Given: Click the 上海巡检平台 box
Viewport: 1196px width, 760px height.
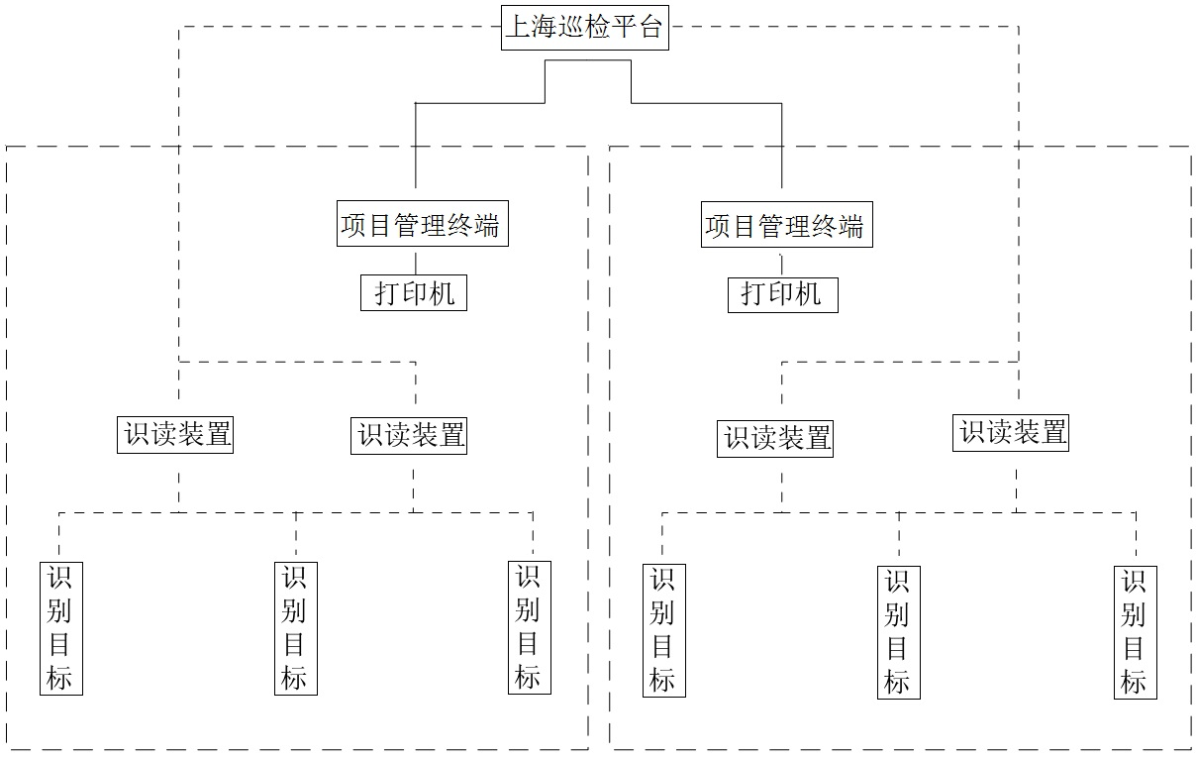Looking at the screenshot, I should [584, 27].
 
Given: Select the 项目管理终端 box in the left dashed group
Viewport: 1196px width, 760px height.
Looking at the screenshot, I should [422, 225].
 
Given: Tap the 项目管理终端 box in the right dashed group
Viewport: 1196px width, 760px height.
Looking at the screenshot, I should [786, 226].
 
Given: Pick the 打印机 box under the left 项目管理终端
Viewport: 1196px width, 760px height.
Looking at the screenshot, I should [413, 292].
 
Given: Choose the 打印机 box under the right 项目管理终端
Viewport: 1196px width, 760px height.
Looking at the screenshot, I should [782, 293].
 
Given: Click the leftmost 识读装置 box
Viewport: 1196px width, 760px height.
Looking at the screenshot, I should [176, 434].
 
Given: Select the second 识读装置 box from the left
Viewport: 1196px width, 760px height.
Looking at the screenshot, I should [409, 434].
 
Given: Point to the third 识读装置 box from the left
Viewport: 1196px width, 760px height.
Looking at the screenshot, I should [775, 437].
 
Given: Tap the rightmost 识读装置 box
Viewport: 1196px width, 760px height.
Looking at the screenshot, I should [1011, 431].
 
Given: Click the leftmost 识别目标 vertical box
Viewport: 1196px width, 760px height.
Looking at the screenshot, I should [60, 626].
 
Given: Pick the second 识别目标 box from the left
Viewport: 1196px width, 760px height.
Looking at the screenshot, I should [295, 627].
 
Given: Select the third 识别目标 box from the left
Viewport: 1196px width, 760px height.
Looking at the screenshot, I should [529, 626].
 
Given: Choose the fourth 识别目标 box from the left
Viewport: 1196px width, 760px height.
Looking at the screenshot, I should [663, 629].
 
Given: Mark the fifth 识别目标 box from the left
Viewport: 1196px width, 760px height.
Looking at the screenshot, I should [898, 631].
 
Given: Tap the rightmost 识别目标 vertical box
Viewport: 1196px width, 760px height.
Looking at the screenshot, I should [1135, 631].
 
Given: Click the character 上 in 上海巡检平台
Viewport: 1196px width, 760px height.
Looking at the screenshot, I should [518, 27].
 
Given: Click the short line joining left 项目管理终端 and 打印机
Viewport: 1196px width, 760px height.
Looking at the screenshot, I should [415, 261].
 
